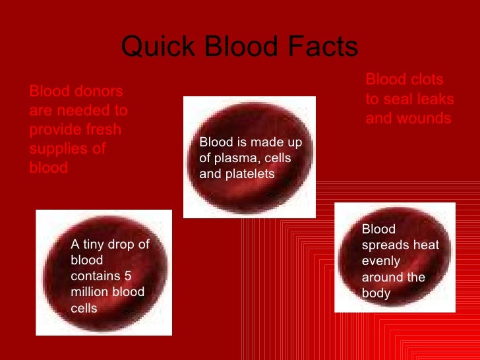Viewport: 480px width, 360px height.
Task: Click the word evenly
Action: [381, 261]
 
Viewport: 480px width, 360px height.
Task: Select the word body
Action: [376, 293]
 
